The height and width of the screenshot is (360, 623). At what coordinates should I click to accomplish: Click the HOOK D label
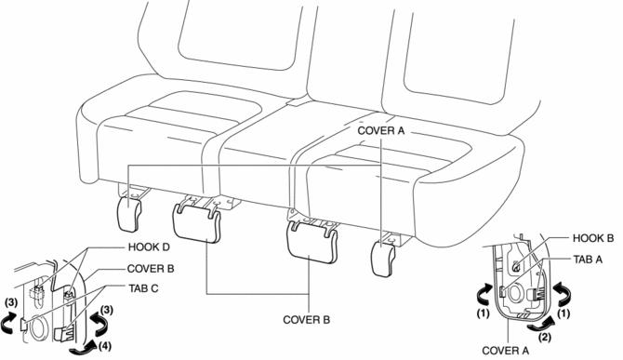point(149,247)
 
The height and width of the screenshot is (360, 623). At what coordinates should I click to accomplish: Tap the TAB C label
point(143,288)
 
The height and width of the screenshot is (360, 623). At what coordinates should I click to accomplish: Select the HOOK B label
point(593,238)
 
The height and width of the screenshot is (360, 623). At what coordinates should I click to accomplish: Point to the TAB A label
point(588,260)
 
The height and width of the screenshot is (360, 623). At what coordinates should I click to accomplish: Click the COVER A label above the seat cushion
point(381,131)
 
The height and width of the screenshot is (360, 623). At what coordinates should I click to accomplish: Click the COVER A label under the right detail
point(506,351)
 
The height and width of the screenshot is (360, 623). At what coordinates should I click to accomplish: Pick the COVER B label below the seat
point(306,319)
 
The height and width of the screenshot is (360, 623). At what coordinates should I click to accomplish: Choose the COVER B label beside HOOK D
point(151,269)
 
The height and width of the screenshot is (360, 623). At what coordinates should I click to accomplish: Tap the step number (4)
point(105,346)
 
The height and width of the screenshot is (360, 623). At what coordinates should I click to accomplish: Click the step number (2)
point(545,338)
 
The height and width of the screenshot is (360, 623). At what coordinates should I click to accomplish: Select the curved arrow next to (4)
point(82,347)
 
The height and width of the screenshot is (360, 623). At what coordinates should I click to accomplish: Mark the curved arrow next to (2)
point(539,324)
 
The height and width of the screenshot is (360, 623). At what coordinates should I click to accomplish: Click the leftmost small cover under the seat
point(129,213)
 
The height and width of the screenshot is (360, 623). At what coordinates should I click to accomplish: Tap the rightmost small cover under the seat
point(383,258)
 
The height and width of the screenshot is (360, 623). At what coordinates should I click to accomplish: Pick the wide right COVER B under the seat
point(311,242)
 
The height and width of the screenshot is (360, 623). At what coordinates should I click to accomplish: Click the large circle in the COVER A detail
point(516,295)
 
